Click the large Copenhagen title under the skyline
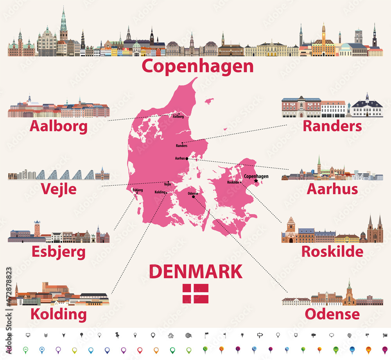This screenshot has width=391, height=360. pyautogui.click(x=197, y=66)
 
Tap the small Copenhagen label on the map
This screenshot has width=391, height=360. pyautogui.click(x=256, y=176)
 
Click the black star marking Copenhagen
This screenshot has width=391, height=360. pyautogui.click(x=256, y=181)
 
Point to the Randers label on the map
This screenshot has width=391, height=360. pyautogui.click(x=181, y=146)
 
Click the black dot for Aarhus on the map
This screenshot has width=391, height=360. pyautogui.click(x=187, y=159)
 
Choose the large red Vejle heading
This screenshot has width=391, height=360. pyautogui.click(x=59, y=189)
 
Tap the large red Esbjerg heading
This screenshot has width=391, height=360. pyautogui.click(x=59, y=252)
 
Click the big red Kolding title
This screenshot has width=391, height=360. pyautogui.click(x=59, y=314)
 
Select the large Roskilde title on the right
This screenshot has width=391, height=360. pyautogui.click(x=332, y=251)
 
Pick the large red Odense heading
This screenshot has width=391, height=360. pyautogui.click(x=332, y=314)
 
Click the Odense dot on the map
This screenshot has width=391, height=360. pyautogui.click(x=193, y=197)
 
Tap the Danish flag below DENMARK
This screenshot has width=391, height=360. pyautogui.click(x=195, y=294)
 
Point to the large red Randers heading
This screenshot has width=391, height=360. pyautogui.click(x=332, y=126)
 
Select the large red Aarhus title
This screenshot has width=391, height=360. pyautogui.click(x=332, y=189)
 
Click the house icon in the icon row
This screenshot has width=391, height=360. pyautogui.click(x=170, y=335)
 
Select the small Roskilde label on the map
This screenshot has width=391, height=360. pyautogui.click(x=233, y=183)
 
